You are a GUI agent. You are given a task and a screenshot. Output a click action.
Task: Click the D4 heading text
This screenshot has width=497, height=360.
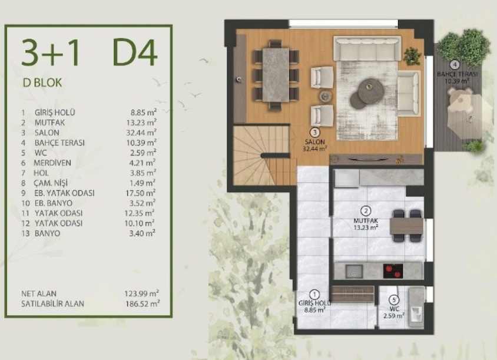[135, 52]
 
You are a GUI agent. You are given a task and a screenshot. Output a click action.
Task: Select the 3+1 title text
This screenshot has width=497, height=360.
[50, 53]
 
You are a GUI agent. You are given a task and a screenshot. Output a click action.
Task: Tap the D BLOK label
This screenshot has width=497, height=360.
[42, 82]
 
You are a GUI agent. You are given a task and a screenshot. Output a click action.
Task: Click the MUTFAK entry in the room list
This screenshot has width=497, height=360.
[50, 123]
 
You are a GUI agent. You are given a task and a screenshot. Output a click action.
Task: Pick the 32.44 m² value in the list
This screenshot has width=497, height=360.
[141, 132]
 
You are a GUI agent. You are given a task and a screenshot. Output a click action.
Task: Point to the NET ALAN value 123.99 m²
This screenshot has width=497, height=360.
[141, 293]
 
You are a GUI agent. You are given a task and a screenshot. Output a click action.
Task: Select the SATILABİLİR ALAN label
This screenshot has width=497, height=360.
[52, 303]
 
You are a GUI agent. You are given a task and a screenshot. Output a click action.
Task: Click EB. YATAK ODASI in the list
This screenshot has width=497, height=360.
[64, 193]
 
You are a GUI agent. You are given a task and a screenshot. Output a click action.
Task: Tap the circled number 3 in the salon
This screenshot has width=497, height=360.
[314, 132]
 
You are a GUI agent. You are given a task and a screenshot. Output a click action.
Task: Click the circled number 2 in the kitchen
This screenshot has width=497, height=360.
[366, 211]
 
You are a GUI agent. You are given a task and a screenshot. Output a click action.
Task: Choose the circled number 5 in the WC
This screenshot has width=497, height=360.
[394, 299]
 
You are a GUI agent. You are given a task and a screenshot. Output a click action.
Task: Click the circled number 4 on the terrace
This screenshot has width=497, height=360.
[455, 65]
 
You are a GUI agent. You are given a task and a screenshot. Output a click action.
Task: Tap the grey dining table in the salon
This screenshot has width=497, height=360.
[276, 75]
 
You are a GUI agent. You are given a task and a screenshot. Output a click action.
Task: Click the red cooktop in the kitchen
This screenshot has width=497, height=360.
[393, 271]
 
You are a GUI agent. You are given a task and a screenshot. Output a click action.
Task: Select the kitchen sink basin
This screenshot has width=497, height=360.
[354, 271]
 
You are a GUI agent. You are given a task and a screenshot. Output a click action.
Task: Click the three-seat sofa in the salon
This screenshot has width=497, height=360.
[367, 48]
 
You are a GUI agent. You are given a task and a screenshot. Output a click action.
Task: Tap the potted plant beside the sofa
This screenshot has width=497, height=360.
[412, 56]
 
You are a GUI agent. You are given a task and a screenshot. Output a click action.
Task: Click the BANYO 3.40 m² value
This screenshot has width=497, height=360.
[142, 233]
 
